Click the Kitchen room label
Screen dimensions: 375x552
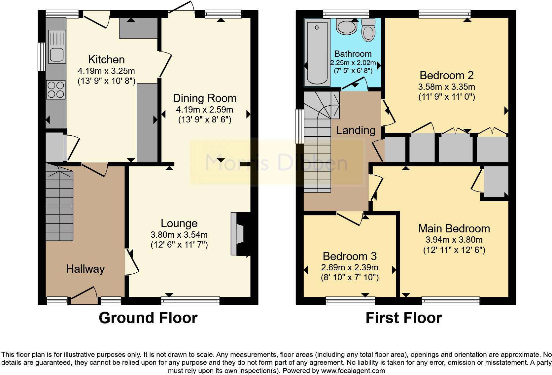coord(106,59)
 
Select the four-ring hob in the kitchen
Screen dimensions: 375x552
coord(56,89)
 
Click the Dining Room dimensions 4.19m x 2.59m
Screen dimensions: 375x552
coord(205,110)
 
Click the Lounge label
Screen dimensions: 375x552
coord(179,223)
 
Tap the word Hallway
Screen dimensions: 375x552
coord(85,269)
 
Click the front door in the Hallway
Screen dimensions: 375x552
coord(84,296)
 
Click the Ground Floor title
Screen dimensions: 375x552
coord(148,318)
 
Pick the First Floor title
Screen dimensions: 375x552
coord(403,318)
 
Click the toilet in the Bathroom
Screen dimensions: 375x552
coord(368,30)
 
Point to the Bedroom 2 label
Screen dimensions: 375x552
coord(446,75)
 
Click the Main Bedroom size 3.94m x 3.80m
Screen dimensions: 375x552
coord(454,240)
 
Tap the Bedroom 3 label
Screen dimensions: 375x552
coord(350,256)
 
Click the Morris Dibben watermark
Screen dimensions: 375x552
coord(276,163)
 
